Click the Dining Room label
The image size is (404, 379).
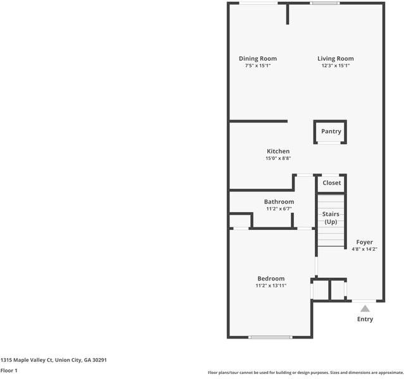(257, 59)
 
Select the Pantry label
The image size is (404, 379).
(331, 131)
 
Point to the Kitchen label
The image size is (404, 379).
(278, 152)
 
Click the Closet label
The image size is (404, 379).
(331, 183)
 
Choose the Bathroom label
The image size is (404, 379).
(279, 202)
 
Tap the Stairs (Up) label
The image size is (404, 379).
(331, 218)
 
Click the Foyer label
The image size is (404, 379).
(364, 242)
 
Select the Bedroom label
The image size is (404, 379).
(271, 279)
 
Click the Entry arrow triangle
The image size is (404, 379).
(365, 309)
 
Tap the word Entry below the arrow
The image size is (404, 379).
(365, 320)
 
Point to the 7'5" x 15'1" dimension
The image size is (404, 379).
(257, 66)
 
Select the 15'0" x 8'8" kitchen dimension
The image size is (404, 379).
(278, 159)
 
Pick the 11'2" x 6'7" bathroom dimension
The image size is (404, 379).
(279, 209)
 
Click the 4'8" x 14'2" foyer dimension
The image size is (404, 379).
(364, 249)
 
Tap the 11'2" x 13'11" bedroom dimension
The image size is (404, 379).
(271, 286)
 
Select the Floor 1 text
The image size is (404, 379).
(9, 371)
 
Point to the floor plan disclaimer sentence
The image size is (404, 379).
(305, 373)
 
